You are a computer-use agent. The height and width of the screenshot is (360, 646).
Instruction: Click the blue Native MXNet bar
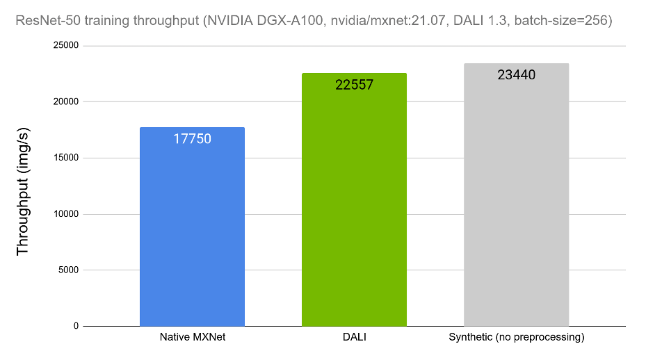coord(192,229)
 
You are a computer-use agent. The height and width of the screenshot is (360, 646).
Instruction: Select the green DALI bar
coord(354,208)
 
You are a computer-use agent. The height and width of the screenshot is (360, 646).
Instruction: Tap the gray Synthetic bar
coord(516,202)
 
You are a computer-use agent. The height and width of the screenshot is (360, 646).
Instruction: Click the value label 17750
coord(192,138)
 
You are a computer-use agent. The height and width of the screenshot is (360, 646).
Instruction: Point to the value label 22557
coord(354,85)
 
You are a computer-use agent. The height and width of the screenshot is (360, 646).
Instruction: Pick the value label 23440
coord(516,75)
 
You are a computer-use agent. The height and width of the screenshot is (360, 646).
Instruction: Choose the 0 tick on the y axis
coord(76,326)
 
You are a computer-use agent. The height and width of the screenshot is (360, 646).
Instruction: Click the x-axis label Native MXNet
coord(192,338)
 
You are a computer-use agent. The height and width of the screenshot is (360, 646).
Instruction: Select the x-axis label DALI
coord(354,338)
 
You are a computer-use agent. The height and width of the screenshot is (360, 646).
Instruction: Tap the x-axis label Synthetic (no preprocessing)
coord(516,338)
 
